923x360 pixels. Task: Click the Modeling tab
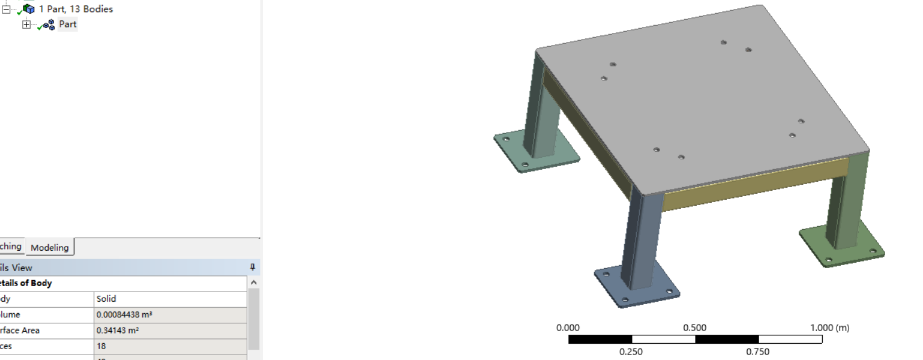point(50,247)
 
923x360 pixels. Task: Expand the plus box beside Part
point(26,25)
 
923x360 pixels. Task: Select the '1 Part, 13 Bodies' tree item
point(76,9)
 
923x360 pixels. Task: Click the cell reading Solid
point(106,299)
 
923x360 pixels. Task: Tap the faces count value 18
point(101,346)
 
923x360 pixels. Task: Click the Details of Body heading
point(26,283)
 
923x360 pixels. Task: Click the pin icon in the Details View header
point(253,268)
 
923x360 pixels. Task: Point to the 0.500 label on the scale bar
point(695,328)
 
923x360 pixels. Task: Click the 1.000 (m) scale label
point(830,328)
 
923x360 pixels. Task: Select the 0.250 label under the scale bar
point(631,352)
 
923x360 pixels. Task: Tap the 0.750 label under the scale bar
point(758,352)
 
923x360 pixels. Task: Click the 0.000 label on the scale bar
point(568,328)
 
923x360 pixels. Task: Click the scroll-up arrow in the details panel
point(254,283)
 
